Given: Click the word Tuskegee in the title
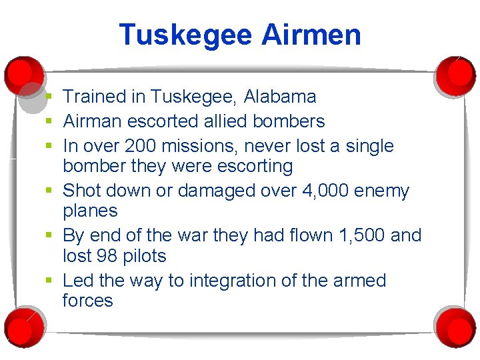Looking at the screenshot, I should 185,35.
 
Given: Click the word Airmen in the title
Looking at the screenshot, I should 311,35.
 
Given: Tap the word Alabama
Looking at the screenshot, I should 280,97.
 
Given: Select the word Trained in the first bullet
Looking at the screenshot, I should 95,97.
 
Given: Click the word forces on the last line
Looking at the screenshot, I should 88,301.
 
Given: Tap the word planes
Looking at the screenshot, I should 90,211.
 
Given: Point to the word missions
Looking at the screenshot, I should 199,146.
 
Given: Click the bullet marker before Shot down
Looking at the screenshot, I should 50,191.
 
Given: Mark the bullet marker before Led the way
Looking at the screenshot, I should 50,281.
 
